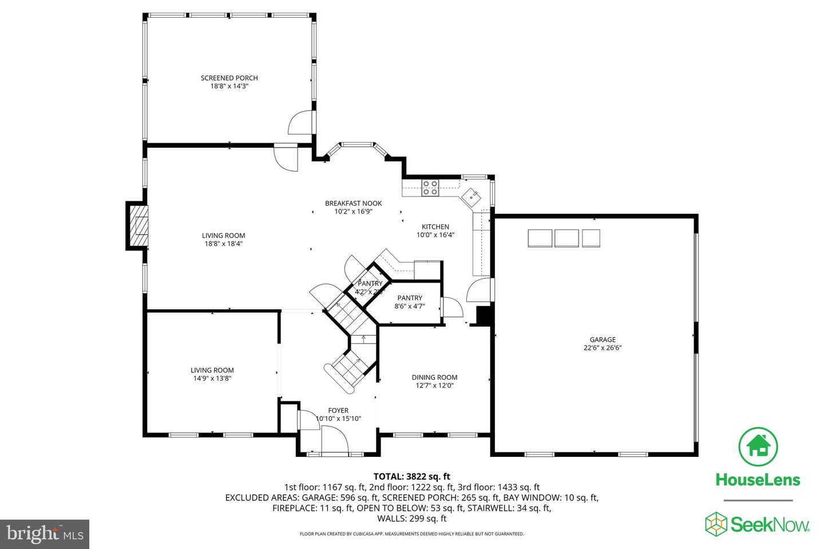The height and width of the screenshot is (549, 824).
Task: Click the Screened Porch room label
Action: (229, 78)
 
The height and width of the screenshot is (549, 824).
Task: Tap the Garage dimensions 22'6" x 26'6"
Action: (603, 348)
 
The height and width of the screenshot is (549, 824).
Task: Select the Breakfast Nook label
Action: (353, 203)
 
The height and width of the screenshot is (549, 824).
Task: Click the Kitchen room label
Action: (435, 226)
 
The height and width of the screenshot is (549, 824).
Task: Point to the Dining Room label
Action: (434, 377)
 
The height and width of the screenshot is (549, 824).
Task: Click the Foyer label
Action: (338, 410)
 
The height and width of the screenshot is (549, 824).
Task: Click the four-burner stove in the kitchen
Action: (430, 188)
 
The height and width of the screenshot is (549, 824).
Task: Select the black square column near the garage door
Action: (485, 315)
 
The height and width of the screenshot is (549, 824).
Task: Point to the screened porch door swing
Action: (301, 122)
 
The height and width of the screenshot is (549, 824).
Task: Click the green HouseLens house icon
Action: (758, 445)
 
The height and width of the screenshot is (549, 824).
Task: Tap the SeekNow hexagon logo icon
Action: (716, 523)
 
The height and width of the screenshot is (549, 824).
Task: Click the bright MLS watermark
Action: (44, 534)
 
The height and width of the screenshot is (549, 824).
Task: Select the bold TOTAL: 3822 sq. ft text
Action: (411, 476)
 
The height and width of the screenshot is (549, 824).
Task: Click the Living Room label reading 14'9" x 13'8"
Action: (212, 374)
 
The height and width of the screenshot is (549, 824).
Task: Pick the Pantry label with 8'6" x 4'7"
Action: (410, 302)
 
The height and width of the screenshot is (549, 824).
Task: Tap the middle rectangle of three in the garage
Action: (567, 238)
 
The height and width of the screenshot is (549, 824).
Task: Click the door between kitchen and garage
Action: (480, 290)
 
